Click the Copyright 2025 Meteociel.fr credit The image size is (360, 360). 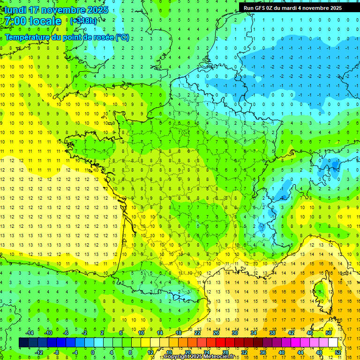[199, 357]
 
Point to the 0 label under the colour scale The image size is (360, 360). [93, 352]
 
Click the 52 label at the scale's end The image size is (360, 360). [338, 352]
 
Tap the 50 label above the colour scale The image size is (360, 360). [329, 333]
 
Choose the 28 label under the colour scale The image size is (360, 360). [225, 352]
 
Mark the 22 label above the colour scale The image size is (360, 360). [197, 333]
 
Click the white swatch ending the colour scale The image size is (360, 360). [333, 343]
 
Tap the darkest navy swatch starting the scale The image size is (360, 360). [23, 343]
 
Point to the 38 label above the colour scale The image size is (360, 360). [272, 333]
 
